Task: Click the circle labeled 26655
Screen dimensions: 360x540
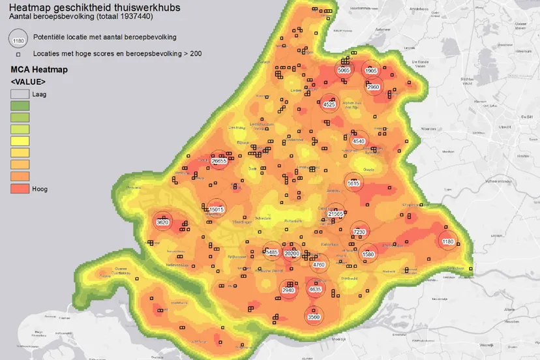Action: coord(219,160)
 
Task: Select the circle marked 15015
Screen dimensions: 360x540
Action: coord(217,209)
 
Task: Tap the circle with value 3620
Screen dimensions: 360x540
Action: coord(163,222)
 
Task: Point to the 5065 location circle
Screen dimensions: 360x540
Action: coord(344,70)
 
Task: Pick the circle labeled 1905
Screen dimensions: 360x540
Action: coord(371,70)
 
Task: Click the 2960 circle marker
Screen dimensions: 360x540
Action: coord(374,87)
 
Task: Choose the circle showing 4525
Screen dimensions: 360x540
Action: coord(329,104)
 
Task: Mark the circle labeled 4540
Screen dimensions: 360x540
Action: coord(359,141)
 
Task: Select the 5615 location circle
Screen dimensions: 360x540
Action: coord(353,184)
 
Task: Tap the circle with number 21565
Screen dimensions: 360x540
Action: coord(336,213)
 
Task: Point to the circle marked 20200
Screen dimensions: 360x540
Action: coord(292,253)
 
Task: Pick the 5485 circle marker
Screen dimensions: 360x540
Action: coord(273,252)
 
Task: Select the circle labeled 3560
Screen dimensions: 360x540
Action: coord(314,317)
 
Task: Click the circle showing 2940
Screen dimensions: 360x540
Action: coord(288,290)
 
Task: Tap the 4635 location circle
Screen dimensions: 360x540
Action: coord(315,289)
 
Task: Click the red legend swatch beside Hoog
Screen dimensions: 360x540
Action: coord(20,188)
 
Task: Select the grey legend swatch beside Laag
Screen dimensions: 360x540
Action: coord(20,94)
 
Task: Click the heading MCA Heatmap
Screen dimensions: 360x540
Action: coord(40,69)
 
